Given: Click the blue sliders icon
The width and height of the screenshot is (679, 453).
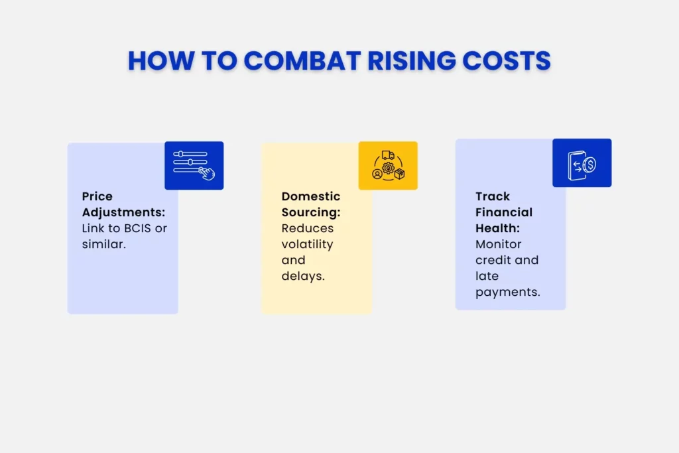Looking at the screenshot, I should [x=194, y=165].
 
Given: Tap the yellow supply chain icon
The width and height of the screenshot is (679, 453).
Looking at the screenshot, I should [x=388, y=165].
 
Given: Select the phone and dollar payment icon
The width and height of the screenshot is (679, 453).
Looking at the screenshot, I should [x=582, y=162].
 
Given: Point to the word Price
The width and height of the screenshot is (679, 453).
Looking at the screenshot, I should [x=97, y=196].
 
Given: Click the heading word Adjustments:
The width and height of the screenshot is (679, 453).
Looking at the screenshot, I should [x=123, y=212].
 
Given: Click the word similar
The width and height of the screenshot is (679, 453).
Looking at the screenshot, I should [x=103, y=244].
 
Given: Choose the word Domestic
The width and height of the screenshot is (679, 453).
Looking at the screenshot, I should [x=311, y=196].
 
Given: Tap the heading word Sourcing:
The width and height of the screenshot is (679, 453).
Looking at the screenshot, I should [x=310, y=212].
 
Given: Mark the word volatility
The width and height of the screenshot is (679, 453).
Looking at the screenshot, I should [x=307, y=244].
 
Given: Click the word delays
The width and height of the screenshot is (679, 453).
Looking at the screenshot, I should [x=303, y=276].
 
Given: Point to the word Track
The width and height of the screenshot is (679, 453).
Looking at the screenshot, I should [x=493, y=196].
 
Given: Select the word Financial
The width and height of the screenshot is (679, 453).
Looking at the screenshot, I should [x=504, y=212].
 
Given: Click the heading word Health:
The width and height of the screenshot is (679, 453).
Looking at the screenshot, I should [x=497, y=228].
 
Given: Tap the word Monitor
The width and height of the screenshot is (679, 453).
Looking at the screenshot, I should [x=498, y=244].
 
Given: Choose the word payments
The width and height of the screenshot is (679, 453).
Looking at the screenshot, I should [x=508, y=292].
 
